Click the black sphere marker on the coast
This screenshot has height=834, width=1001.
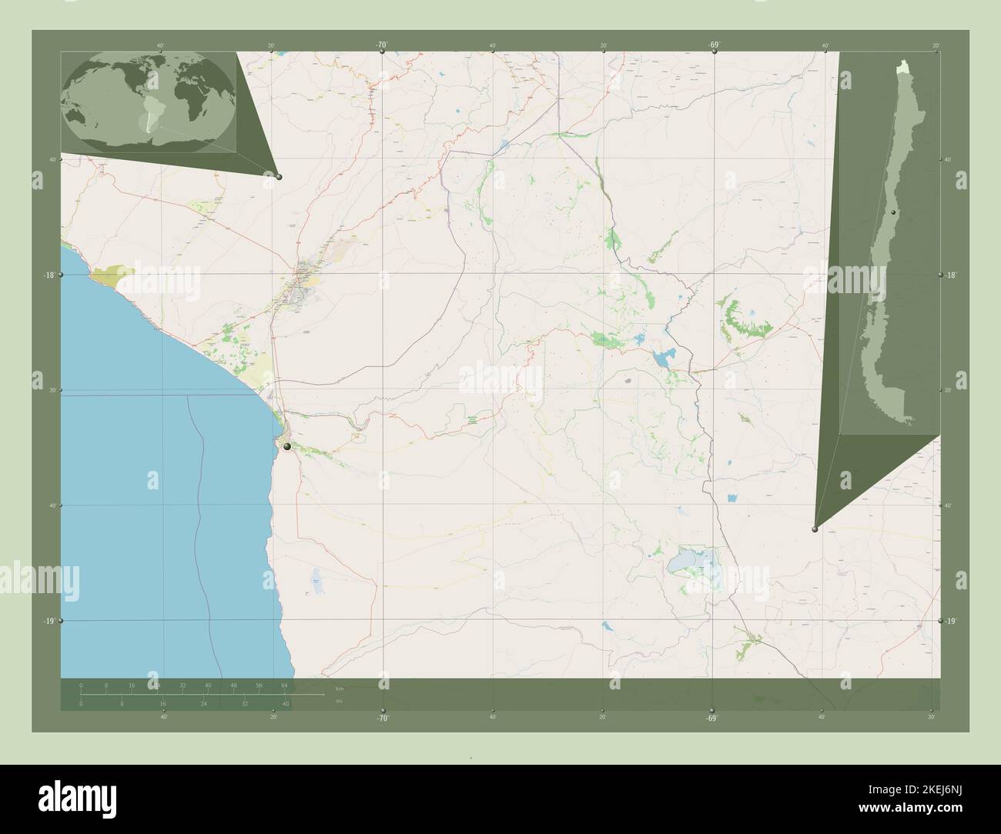coord(286,446)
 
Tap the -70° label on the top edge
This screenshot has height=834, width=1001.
coord(381,45)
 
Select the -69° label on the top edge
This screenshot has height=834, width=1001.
coord(714,45)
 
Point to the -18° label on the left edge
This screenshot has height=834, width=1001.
coord(47,275)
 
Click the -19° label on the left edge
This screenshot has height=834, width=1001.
coord(47,621)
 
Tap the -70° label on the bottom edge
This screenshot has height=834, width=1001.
coord(383,718)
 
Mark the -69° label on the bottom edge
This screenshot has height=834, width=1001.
coord(711,718)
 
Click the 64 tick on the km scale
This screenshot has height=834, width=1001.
coord(284,685)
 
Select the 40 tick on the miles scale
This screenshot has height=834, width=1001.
coord(285,703)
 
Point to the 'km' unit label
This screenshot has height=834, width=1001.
coord(339,686)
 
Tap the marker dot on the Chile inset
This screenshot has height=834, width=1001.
coord(893,212)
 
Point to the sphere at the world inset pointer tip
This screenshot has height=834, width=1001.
coord(279,177)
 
